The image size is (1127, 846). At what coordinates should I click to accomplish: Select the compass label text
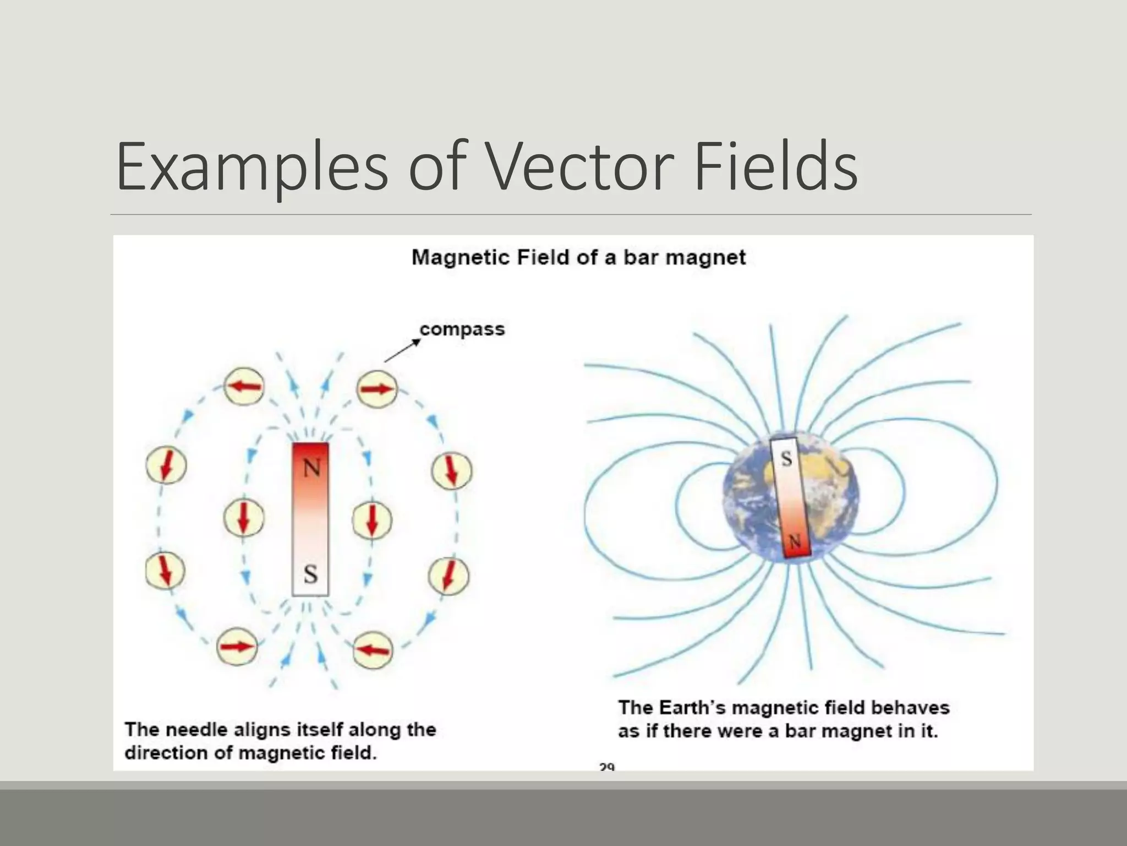462,329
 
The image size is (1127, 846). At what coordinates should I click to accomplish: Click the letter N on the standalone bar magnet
311,469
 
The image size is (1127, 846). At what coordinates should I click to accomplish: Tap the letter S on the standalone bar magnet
310,574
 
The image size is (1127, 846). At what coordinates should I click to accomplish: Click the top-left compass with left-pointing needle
244,387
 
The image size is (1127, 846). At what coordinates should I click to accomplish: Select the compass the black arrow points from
377,389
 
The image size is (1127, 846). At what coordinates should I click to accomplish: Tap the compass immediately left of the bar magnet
244,519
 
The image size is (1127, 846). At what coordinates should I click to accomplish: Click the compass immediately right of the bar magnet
372,520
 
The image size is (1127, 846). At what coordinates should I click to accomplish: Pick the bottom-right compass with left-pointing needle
373,650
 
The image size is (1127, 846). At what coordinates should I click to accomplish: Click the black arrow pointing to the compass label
402,351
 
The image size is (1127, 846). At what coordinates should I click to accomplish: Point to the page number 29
606,766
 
